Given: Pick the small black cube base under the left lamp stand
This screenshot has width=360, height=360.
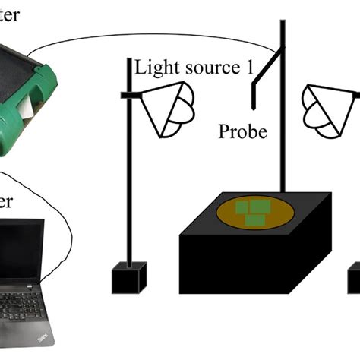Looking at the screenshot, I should [128, 278].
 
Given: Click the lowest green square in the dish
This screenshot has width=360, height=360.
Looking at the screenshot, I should [254, 219].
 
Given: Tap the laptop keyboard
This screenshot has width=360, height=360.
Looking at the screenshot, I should [23, 303].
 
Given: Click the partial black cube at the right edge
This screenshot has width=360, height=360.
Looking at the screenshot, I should [354, 278].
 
